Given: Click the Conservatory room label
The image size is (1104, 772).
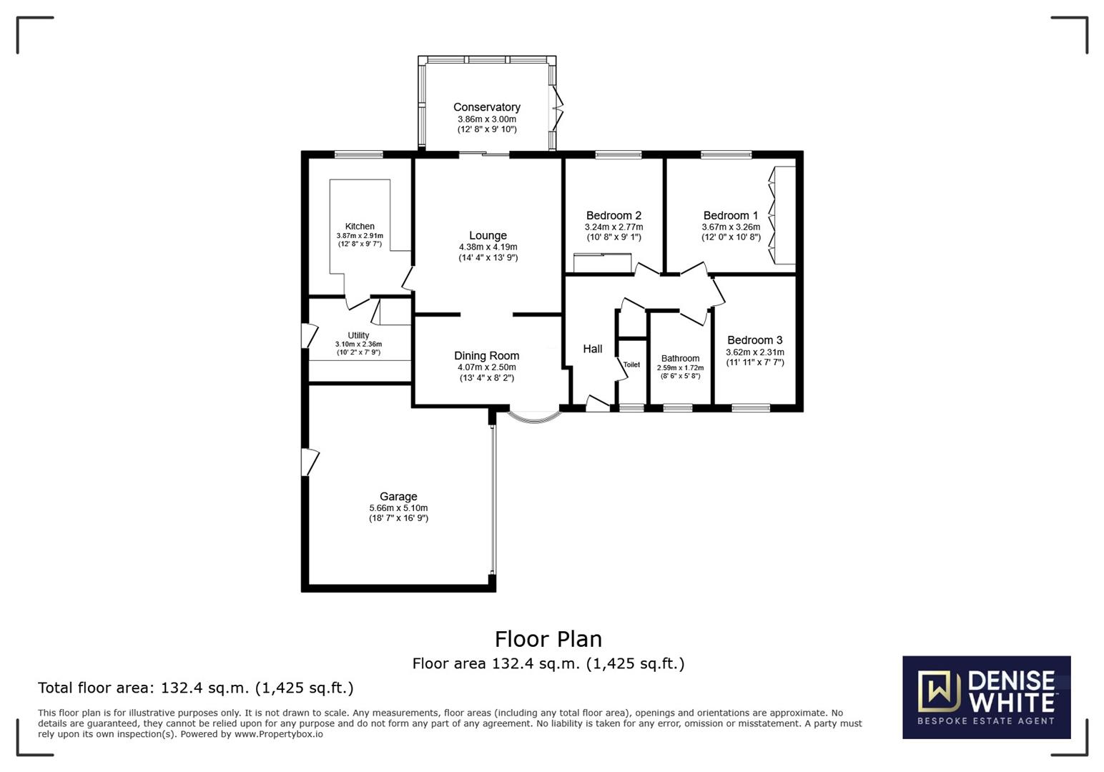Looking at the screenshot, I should (x=486, y=107).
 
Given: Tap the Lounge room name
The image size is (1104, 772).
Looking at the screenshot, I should (x=488, y=235).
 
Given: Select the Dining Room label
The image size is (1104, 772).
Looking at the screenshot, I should (x=486, y=355).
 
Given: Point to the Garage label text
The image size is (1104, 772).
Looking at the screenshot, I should (x=398, y=496).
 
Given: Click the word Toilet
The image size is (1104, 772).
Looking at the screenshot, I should (x=631, y=365).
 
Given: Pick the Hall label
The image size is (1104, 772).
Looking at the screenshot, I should (x=592, y=349).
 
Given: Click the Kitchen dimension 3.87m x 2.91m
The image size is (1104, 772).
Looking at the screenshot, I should (x=360, y=236).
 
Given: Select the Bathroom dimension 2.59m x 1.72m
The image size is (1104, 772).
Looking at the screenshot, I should (x=680, y=367).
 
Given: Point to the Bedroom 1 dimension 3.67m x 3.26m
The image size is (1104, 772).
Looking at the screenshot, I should (x=731, y=227).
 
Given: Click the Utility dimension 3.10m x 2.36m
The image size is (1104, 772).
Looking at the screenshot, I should (x=358, y=344).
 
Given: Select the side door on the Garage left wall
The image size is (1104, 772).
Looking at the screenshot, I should (x=310, y=462).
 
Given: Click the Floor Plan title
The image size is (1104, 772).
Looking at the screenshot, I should (x=548, y=638).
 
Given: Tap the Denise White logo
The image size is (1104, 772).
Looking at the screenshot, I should (x=986, y=697).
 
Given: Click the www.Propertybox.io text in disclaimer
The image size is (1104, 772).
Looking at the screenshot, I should (x=279, y=734).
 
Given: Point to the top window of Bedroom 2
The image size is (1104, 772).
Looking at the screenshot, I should (x=618, y=154).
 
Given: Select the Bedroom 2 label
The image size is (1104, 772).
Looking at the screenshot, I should (x=613, y=215).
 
